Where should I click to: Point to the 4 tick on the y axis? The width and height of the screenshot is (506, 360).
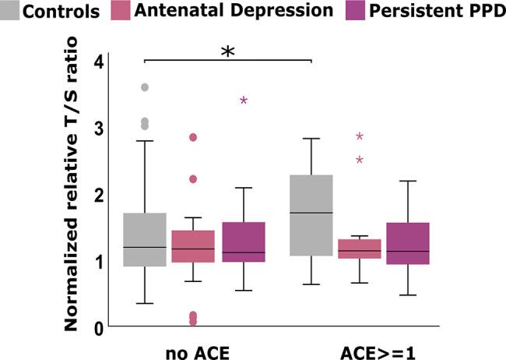point(98,61)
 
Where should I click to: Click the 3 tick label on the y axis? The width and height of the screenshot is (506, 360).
point(98,128)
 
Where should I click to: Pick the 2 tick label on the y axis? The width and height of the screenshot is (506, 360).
point(98,195)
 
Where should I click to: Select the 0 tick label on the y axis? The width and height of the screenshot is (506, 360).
point(98,328)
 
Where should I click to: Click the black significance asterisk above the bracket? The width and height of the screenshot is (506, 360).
point(227,51)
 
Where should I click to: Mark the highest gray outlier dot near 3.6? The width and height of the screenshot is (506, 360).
point(145,87)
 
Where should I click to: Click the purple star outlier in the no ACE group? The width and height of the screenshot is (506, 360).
point(244,101)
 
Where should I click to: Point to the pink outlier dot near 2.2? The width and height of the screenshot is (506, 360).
point(193,178)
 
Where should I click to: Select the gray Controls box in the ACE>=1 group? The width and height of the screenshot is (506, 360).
point(311,216)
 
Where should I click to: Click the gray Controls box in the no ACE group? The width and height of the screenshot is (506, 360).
point(145,240)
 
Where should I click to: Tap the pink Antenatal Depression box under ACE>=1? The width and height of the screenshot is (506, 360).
point(360,249)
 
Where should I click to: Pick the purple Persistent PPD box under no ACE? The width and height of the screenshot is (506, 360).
point(244,242)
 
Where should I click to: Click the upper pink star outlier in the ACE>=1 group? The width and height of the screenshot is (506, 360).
point(360,136)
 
